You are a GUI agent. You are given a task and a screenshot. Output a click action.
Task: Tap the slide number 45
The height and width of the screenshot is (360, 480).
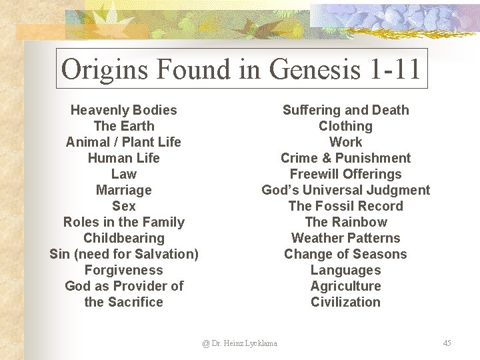[447, 343]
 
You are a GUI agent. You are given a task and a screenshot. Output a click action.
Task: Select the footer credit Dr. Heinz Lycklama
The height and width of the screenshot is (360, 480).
[240, 343]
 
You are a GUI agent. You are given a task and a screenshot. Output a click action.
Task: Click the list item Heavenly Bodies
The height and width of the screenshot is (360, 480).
[124, 110]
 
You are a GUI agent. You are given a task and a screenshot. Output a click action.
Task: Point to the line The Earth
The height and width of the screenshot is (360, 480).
[124, 126]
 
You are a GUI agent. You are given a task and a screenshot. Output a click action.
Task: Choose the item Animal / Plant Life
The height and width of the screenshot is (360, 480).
[124, 142]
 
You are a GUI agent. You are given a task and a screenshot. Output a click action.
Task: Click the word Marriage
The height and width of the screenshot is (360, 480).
[124, 190]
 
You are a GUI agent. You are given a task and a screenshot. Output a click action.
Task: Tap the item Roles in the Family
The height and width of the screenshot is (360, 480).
[124, 222]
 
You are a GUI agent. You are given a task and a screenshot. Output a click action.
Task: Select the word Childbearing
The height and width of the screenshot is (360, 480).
[124, 238]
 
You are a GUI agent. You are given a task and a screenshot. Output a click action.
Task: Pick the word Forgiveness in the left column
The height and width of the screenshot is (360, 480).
[124, 270]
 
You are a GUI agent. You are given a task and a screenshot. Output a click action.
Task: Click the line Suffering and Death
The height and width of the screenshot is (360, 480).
[345, 110]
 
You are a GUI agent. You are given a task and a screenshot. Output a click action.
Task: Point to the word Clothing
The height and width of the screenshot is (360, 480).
[345, 126]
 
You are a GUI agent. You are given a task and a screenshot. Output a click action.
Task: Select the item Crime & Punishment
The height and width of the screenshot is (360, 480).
[345, 158]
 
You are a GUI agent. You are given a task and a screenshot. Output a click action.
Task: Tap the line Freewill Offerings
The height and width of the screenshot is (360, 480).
[345, 174]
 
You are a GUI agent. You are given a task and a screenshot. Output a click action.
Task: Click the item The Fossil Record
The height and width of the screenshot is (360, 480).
[345, 206]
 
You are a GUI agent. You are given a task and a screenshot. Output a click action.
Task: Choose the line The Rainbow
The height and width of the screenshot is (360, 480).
[345, 222]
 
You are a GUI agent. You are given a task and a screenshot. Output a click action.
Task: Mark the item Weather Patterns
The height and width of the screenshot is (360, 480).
[345, 238]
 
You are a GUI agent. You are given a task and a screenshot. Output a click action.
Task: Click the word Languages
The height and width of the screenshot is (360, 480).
[345, 270]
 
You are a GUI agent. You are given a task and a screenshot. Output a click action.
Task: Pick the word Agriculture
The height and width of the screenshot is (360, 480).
[345, 286]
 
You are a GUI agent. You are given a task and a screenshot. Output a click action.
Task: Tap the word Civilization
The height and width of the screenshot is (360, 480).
[345, 302]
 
